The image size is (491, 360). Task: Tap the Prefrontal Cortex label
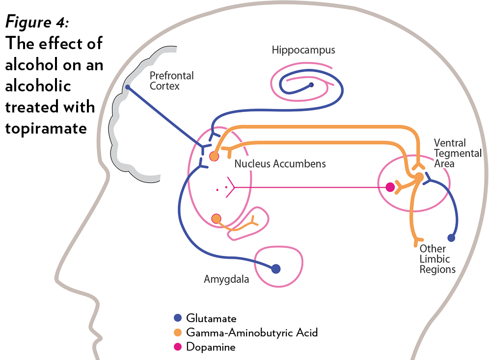(171, 81)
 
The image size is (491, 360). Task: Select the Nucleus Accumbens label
(280, 164)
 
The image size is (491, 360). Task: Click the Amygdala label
(226, 279)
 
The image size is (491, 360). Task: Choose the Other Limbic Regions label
(437, 259)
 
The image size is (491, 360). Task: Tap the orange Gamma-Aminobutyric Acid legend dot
(178, 332)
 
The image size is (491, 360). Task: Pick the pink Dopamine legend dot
(178, 347)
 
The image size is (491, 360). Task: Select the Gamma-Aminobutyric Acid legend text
(252, 332)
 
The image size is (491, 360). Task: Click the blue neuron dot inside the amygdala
(276, 269)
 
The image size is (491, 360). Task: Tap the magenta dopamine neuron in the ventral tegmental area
(390, 187)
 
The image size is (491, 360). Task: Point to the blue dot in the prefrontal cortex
(128, 87)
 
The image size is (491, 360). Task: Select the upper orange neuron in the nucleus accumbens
(214, 156)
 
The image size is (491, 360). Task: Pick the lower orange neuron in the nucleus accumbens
(216, 218)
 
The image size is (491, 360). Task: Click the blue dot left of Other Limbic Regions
(451, 238)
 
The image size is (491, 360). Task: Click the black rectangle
(54, 76)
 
